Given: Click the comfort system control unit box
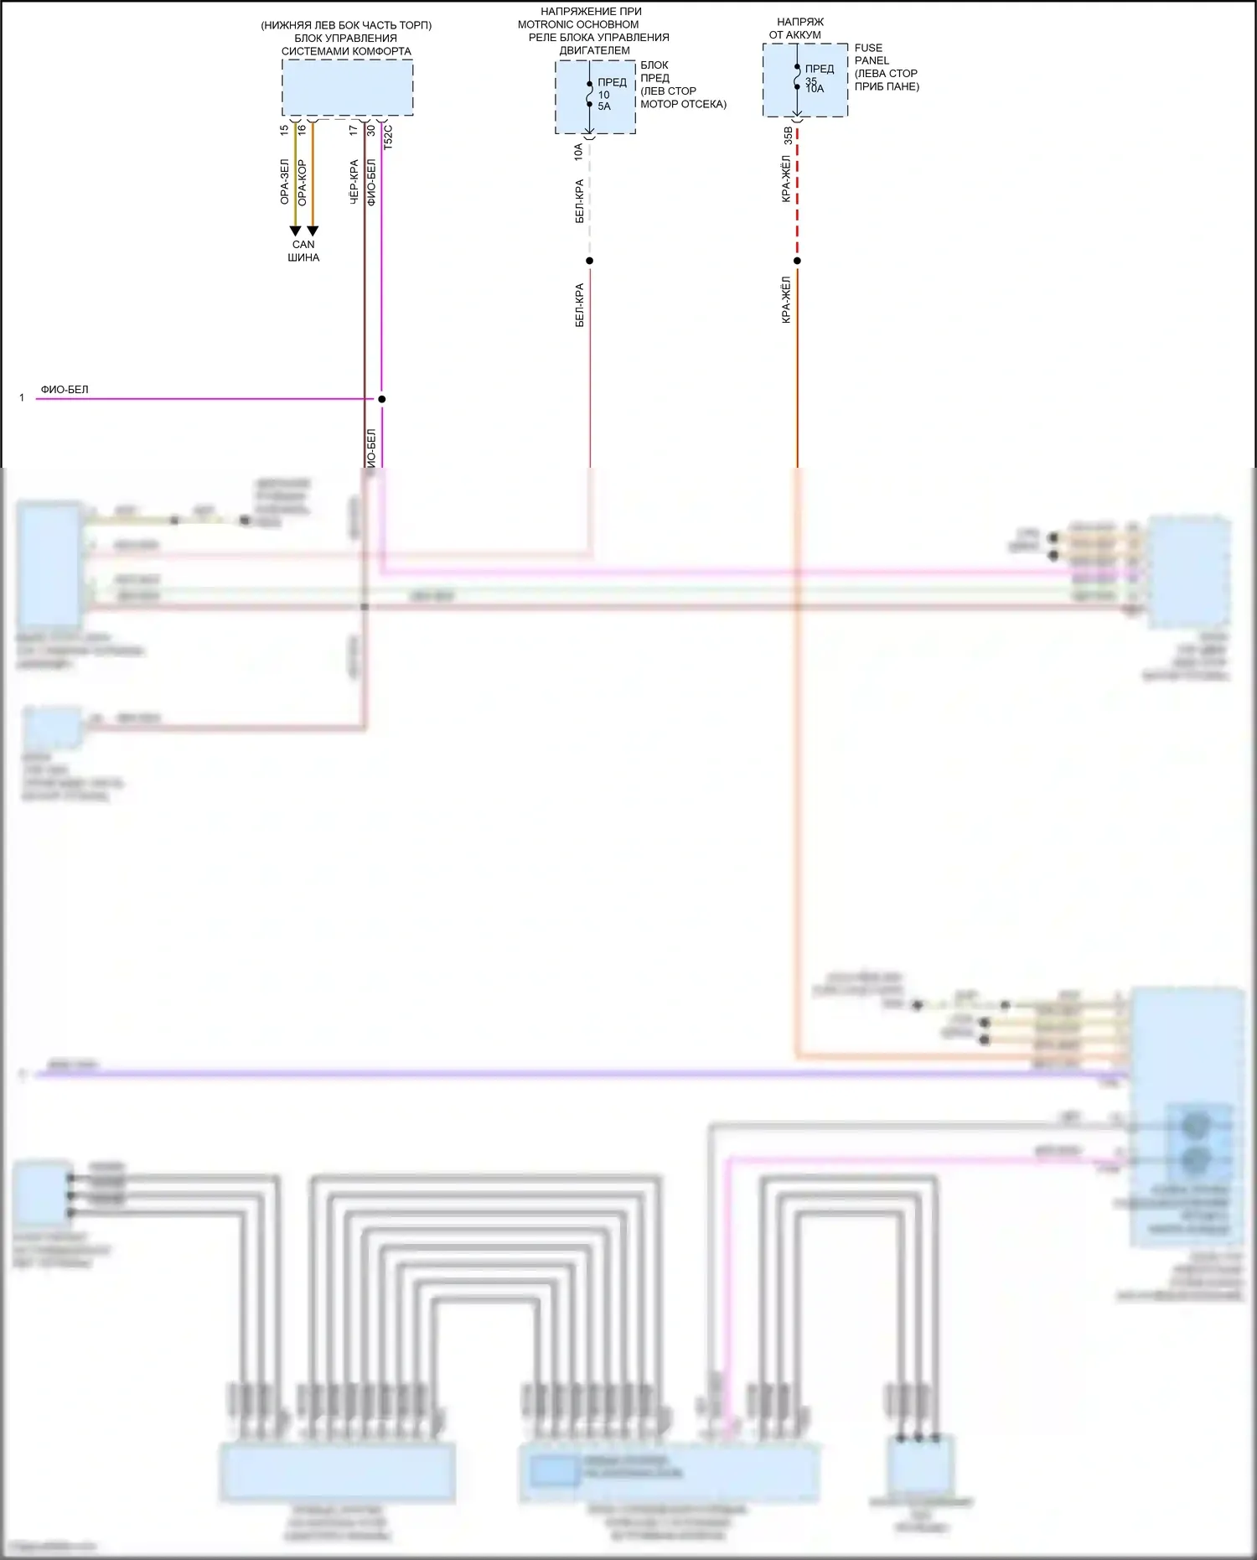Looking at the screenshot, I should coord(347,88).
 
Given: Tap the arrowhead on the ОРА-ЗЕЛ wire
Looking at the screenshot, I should coord(295,231).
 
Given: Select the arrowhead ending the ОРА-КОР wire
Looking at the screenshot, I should coord(313,231).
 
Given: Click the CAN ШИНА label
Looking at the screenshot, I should coord(303,251).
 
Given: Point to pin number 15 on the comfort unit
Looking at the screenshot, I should coord(284,130).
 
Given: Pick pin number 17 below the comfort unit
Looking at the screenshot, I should coord(354,130).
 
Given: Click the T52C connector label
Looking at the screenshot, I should coord(388,137).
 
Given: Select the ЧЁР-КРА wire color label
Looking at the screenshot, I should coord(354,182).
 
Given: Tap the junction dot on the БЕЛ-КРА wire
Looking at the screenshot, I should coord(589,261).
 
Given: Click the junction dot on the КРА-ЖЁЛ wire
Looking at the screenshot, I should coord(797,261).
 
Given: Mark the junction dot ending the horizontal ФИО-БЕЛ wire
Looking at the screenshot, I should coord(381,399).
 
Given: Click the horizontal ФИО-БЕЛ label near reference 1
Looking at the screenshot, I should coord(65,390).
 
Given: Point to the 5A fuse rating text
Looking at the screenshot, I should coord(604,106).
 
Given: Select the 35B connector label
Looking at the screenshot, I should coord(788,136).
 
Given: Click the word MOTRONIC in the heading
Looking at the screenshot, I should coord(548,24).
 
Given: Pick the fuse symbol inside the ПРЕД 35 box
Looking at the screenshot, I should coord(797,77).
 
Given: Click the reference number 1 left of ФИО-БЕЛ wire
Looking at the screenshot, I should coord(22,398).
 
